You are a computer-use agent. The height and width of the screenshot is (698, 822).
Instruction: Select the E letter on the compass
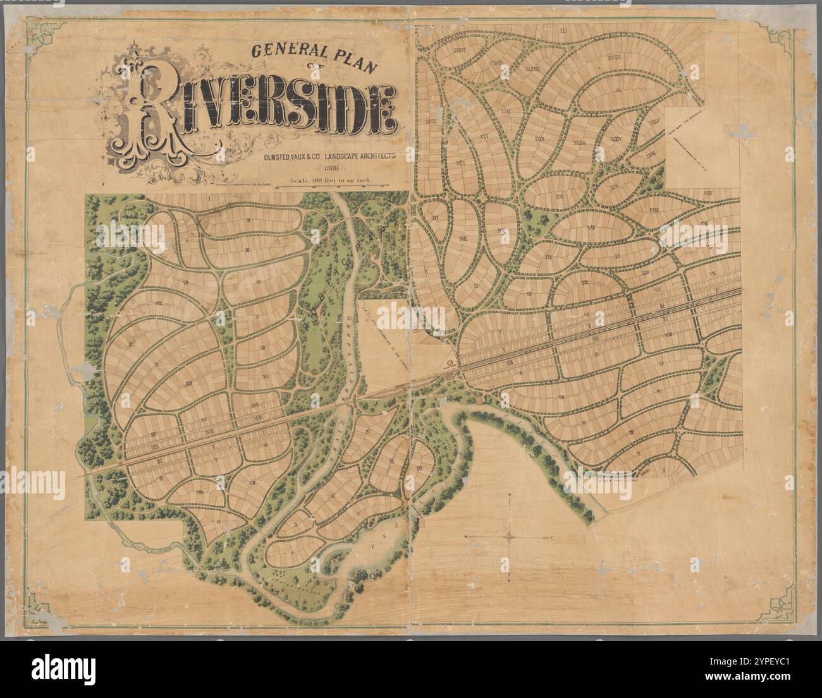coord(552,537)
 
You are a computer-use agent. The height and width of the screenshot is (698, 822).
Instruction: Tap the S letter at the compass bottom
coord(510,580)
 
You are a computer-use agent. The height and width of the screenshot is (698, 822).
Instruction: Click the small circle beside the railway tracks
coord(450,363)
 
